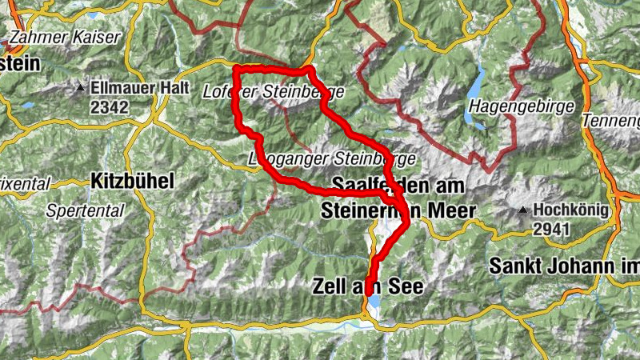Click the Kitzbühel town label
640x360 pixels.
(x=131, y=179)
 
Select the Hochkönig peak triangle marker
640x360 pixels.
(x=524, y=210)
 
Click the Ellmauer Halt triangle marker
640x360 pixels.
(x=81, y=86)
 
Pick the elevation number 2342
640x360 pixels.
(x=110, y=106)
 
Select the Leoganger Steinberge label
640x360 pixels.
(x=332, y=158)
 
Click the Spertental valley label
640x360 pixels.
(x=86, y=212)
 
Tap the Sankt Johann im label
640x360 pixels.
(x=564, y=265)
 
